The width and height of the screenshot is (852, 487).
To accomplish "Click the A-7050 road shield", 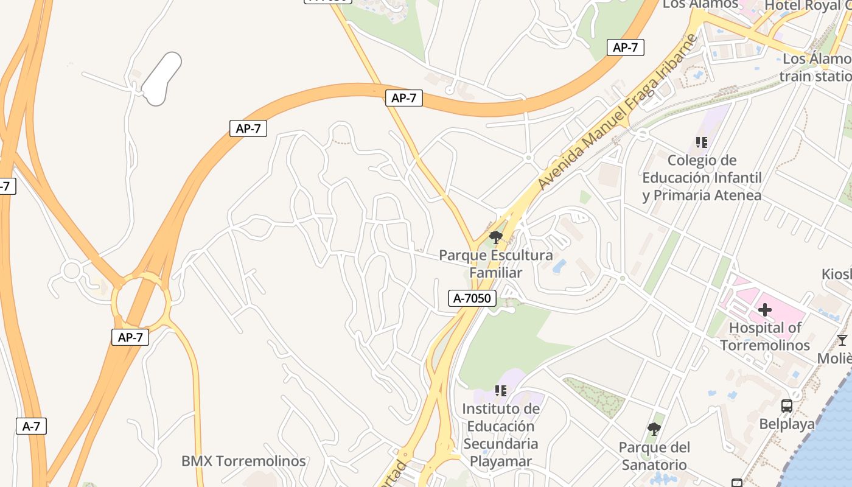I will click(473, 298).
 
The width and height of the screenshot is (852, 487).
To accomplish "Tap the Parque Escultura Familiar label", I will click(496, 264).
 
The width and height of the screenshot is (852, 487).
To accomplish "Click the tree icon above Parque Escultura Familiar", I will click(496, 237).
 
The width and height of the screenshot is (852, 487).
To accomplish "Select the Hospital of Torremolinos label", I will click(765, 337).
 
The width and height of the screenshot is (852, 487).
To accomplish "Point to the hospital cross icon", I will click(765, 310).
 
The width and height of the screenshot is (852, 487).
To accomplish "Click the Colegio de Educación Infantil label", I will click(702, 178).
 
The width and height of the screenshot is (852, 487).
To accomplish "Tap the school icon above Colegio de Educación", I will click(702, 142).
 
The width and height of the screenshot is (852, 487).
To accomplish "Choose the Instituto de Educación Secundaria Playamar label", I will click(501, 435).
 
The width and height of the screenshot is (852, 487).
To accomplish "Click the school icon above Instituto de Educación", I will click(501, 390).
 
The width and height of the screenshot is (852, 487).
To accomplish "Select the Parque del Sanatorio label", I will click(654, 456).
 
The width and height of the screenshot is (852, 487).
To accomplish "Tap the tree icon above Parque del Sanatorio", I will click(654, 429).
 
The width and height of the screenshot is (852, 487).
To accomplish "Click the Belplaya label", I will click(787, 424).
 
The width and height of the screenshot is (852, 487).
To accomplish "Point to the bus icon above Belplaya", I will click(787, 405).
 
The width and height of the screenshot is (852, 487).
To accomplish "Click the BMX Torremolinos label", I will click(243, 461).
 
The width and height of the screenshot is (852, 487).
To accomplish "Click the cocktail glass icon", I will click(842, 340).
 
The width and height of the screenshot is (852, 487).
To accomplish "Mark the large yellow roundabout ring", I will click(141, 300).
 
